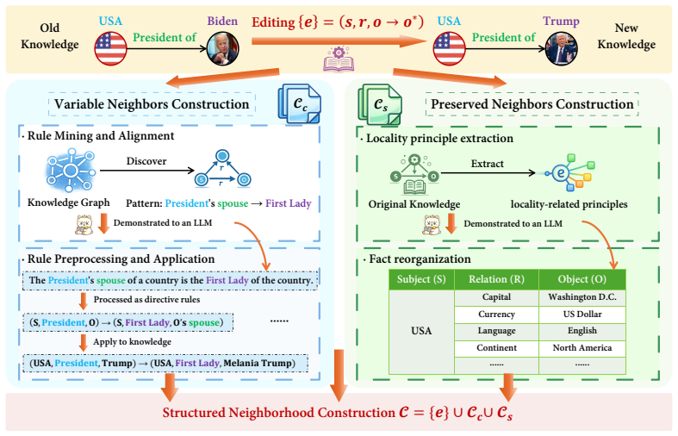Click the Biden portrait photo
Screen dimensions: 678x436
click(222, 49)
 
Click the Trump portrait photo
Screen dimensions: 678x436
click(562, 49)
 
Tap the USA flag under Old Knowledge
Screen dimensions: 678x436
click(110, 49)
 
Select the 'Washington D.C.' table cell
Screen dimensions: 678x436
click(582, 297)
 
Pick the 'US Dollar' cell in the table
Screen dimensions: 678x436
click(582, 314)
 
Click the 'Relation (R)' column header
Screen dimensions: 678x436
click(496, 279)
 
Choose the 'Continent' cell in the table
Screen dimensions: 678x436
click(496, 348)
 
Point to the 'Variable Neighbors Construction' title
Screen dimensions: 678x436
click(152, 104)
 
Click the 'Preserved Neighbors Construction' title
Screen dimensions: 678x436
click(532, 104)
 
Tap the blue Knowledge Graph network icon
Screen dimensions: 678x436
click(71, 171)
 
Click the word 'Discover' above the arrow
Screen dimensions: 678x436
click(146, 161)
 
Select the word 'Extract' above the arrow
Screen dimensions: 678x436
click(488, 164)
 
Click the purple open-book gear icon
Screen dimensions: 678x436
click(339, 59)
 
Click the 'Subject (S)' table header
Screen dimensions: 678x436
click(421, 279)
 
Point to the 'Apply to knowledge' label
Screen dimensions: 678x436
click(133, 342)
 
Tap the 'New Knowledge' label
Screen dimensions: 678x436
click(626, 36)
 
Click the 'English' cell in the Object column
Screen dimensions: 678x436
click(582, 331)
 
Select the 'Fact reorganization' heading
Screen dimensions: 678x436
click(420, 259)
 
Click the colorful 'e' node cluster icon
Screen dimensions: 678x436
click(570, 172)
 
